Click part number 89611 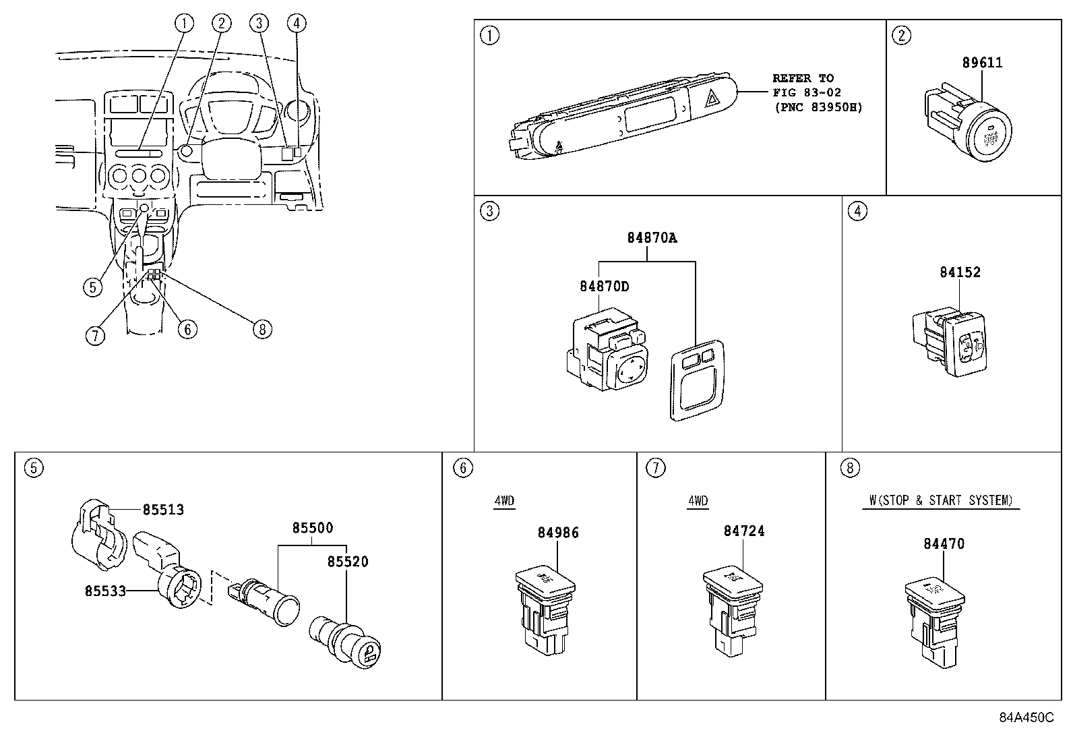tap(982, 63)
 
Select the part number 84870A tap(651, 238)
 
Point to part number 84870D tap(604, 286)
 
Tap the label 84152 tap(960, 272)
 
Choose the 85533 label tap(105, 591)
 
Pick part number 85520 tap(348, 562)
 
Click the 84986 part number tap(558, 533)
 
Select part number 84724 tap(744, 531)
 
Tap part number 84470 tap(944, 543)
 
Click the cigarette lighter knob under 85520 tap(369, 652)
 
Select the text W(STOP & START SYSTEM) tap(940, 500)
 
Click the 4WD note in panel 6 tap(503, 501)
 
